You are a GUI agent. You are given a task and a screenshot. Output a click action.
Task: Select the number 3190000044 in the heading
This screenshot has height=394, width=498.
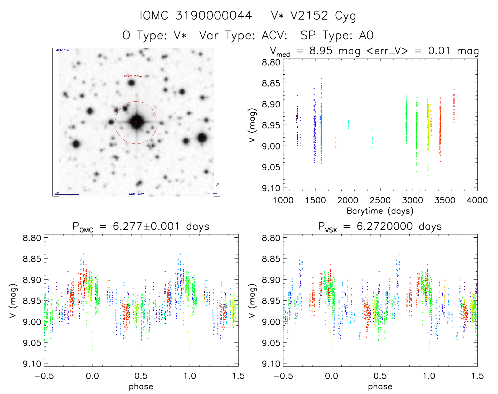[214, 16]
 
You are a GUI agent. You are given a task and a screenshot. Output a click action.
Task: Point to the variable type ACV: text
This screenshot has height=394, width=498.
[274, 35]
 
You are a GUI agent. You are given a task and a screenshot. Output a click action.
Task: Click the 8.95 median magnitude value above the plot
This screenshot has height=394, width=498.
[321, 51]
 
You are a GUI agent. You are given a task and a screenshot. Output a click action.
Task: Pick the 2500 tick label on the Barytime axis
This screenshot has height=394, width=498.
[380, 200]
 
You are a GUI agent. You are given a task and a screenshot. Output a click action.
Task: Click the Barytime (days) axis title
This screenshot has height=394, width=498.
[380, 211]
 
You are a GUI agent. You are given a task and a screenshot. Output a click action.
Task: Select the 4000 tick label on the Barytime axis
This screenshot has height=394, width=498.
[477, 200]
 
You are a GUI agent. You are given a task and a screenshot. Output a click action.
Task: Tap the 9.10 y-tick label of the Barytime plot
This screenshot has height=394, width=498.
[271, 188]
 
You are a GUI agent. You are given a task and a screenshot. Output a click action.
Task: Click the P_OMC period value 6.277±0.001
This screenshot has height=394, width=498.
[146, 227]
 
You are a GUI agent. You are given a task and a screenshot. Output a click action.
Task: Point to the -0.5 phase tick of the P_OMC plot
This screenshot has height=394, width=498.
[44, 376]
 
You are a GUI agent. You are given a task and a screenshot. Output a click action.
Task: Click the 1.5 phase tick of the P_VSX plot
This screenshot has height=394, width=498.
[477, 376]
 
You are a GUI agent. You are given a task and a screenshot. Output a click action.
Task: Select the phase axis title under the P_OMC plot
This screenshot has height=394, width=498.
[141, 387]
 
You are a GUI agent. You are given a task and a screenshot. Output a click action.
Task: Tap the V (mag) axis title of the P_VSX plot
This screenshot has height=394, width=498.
[252, 301]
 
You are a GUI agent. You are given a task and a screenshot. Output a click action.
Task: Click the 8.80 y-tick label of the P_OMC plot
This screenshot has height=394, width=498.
[32, 238]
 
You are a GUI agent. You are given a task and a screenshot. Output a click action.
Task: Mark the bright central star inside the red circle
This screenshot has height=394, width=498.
[136, 122]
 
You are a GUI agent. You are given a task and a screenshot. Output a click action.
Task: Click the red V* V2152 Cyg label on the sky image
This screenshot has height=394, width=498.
[133, 76]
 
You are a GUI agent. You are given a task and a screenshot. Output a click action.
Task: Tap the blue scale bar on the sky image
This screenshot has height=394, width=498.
[67, 194]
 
